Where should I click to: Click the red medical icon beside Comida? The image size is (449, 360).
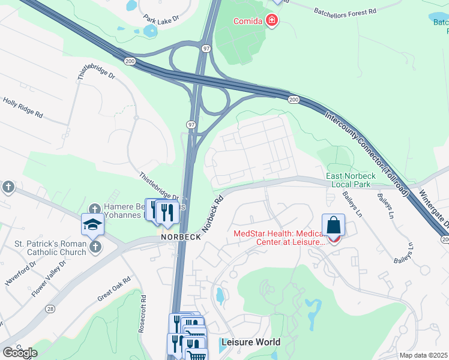coord(272,22)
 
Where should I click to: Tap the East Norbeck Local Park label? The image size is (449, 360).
coord(351,180)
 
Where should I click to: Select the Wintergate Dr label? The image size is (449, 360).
coord(436,210)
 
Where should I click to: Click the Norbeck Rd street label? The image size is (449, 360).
coord(213,213)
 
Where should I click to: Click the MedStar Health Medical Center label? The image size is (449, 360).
coord(279,238)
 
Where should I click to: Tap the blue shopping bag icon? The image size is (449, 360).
coord(334,226)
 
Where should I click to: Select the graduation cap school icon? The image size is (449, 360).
coord(93,224)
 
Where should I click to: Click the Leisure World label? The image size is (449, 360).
coord(250,342)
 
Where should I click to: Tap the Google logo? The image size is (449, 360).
coord(20,352)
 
